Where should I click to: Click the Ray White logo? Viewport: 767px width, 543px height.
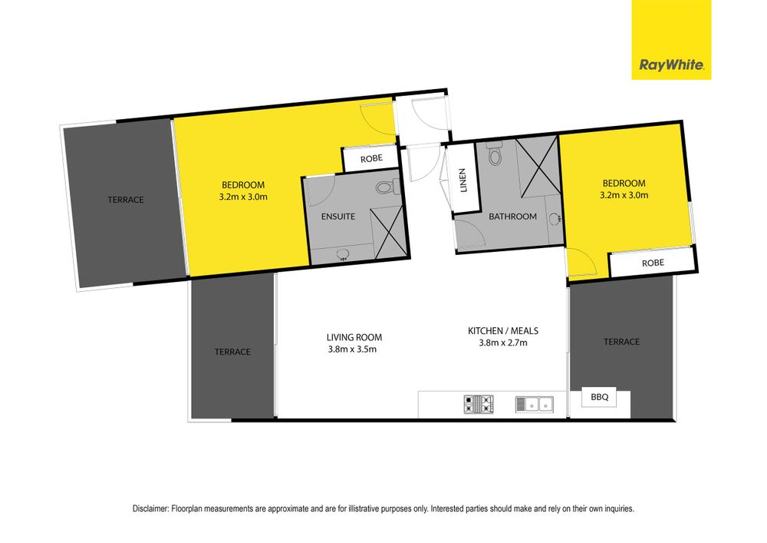coord(671,40)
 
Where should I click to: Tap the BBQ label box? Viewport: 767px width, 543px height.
coord(599,397)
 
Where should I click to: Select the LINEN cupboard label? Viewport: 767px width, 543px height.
coord(463,180)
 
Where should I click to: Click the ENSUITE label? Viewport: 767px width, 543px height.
coord(338,217)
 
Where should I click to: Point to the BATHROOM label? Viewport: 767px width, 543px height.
coord(512,217)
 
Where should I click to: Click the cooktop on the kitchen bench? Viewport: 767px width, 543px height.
coord(479,405)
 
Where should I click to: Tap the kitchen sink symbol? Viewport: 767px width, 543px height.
coord(534,405)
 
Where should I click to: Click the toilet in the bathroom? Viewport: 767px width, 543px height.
coord(495,153)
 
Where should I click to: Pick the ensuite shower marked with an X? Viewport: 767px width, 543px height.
coord(389,233)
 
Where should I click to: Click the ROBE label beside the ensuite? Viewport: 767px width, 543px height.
coord(371,159)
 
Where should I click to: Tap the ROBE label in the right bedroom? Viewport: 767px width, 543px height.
coord(653,263)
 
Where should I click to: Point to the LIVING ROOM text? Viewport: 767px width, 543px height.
coord(354,337)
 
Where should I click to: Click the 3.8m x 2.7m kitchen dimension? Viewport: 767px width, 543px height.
coord(503,343)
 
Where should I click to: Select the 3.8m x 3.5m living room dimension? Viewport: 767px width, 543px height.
coord(352,349)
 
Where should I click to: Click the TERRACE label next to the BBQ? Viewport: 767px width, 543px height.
coord(621,342)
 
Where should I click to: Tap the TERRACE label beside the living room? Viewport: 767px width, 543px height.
coord(232,352)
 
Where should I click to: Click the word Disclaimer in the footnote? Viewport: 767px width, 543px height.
coord(150,508)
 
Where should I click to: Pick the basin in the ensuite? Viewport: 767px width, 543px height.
coord(343,253)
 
